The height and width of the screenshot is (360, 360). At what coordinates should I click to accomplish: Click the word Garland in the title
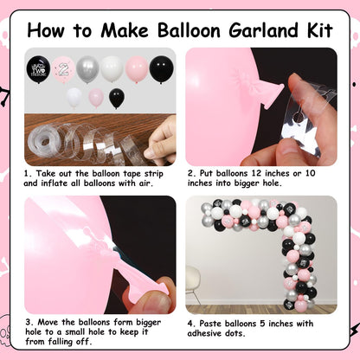[x=263, y=30]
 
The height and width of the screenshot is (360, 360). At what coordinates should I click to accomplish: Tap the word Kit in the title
[x=320, y=29]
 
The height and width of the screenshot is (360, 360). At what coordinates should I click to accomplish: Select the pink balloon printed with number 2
[x=63, y=69]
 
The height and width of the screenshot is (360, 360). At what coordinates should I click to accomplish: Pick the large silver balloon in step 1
[x=87, y=69]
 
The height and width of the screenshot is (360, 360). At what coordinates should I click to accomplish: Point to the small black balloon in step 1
[x=117, y=98]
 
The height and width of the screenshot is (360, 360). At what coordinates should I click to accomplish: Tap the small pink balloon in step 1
[x=96, y=98]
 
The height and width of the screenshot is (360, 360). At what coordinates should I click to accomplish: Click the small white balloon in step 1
[x=74, y=98]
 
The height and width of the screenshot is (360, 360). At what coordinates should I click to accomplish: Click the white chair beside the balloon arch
[x=192, y=284]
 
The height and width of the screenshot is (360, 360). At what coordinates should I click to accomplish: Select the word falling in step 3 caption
[x=60, y=342]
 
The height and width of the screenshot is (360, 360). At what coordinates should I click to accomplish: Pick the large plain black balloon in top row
[x=161, y=70]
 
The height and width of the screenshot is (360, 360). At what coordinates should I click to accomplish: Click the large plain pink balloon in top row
[x=137, y=69]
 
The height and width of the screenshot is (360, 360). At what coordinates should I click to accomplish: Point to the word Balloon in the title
[x=190, y=30]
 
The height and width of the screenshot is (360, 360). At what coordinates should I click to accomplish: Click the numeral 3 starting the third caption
[x=28, y=322]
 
